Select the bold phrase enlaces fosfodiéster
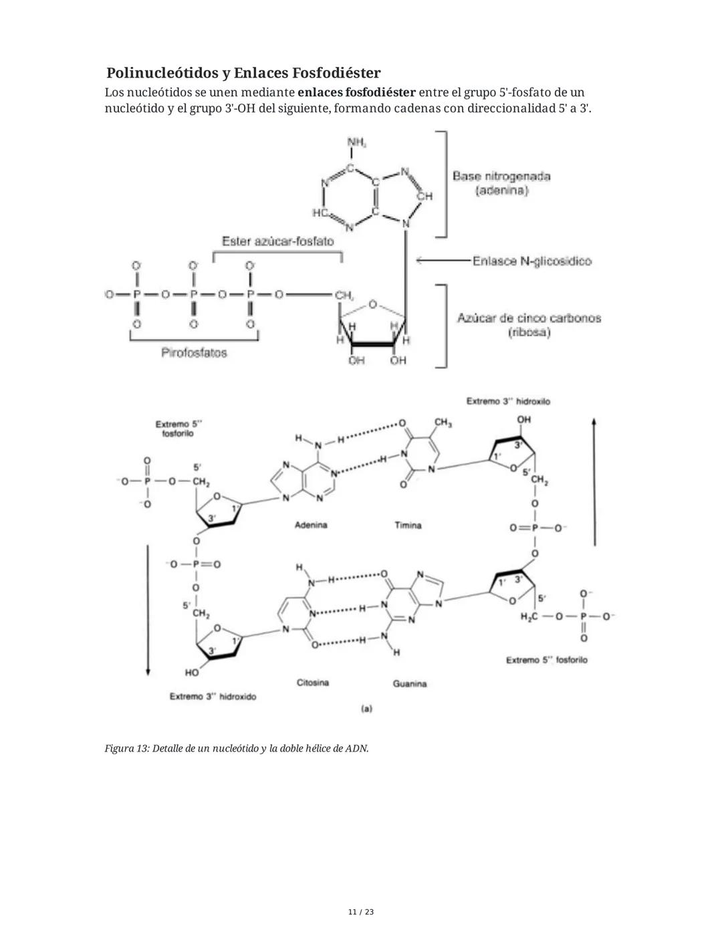(356, 92)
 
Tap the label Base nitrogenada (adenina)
(501, 183)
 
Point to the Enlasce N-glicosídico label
(531, 261)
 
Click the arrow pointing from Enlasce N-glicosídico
(441, 261)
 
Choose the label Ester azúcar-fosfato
(277, 241)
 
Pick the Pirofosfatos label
(194, 352)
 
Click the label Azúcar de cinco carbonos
(529, 318)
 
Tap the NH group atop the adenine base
(356, 142)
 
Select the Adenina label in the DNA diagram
(311, 525)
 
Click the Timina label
(408, 526)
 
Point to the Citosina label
(312, 683)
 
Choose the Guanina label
(410, 683)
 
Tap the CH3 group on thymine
(443, 423)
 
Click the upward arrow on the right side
(594, 481)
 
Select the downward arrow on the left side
(148, 608)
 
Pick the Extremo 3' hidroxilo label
(508, 401)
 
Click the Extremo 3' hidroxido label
(213, 697)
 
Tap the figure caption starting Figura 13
(237, 748)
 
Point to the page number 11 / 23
(361, 912)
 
